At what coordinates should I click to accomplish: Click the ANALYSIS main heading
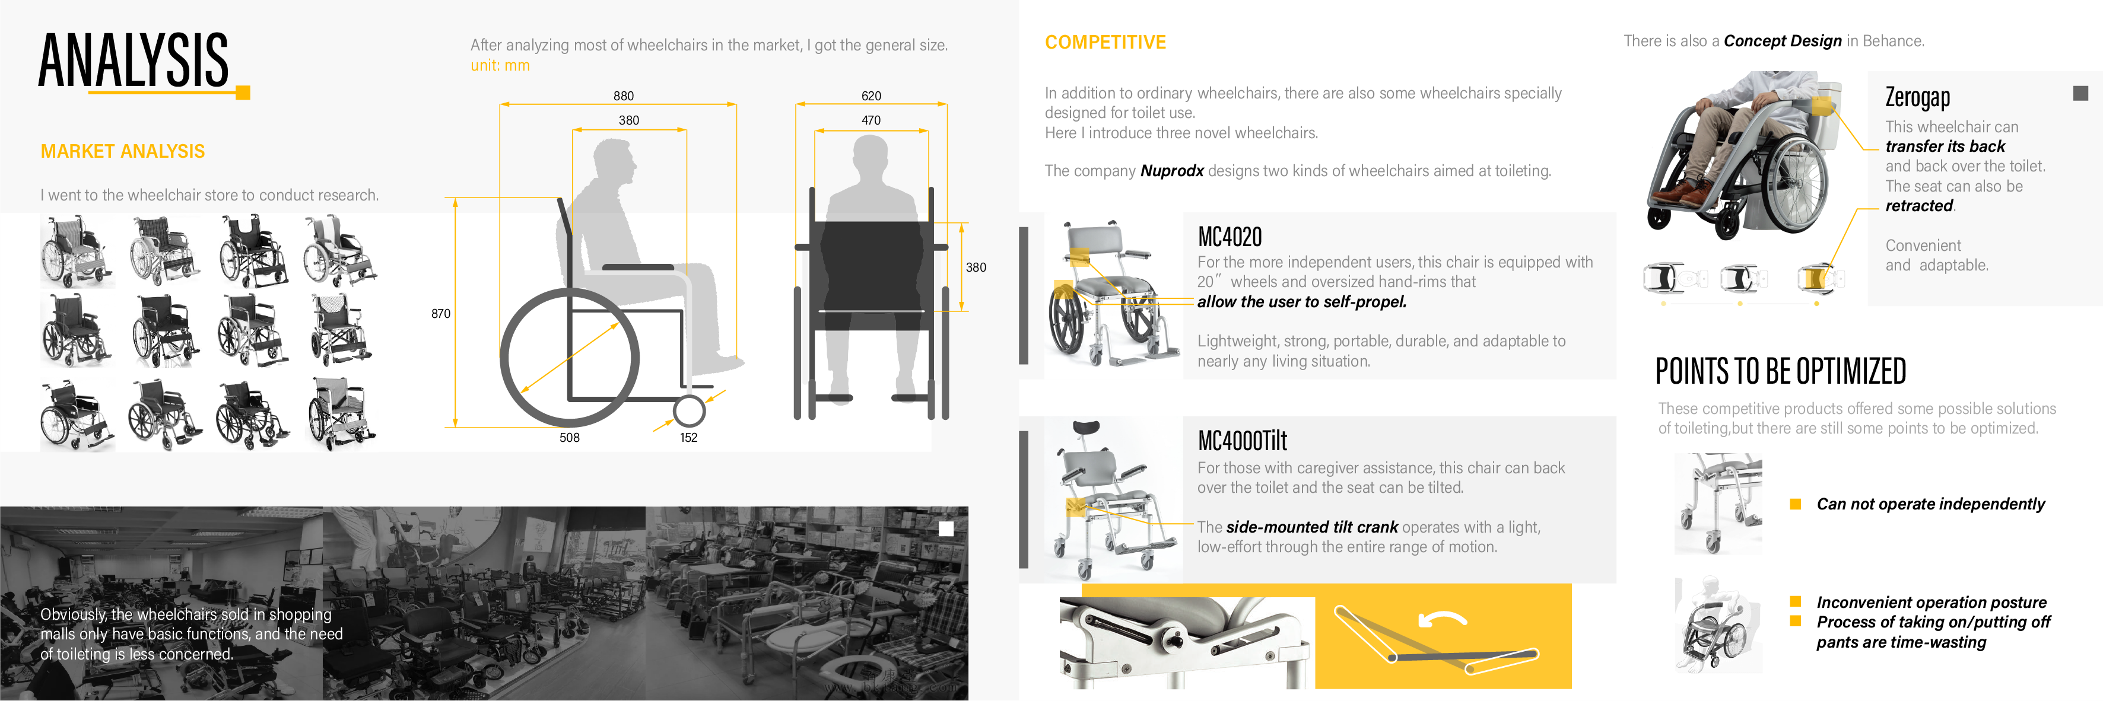(133, 60)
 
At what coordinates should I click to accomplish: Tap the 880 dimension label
(623, 96)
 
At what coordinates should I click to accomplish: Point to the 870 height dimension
(440, 313)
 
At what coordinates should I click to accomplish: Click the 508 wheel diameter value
(569, 438)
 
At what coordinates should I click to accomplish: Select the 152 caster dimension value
(688, 438)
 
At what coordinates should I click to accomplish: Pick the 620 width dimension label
(871, 96)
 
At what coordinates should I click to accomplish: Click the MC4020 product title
(1230, 237)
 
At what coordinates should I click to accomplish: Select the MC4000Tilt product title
(1242, 441)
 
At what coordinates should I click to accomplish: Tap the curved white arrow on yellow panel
(1442, 620)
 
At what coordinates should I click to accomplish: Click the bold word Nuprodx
(1171, 171)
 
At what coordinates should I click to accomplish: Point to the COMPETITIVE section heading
(1105, 43)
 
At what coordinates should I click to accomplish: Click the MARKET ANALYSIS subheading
(122, 152)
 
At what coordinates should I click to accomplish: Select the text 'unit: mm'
(500, 66)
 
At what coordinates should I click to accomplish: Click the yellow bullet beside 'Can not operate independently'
(1795, 504)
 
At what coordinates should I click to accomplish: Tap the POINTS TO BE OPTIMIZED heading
(1780, 372)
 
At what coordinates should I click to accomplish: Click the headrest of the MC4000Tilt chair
(1086, 428)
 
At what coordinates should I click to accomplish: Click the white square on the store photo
(946, 529)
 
